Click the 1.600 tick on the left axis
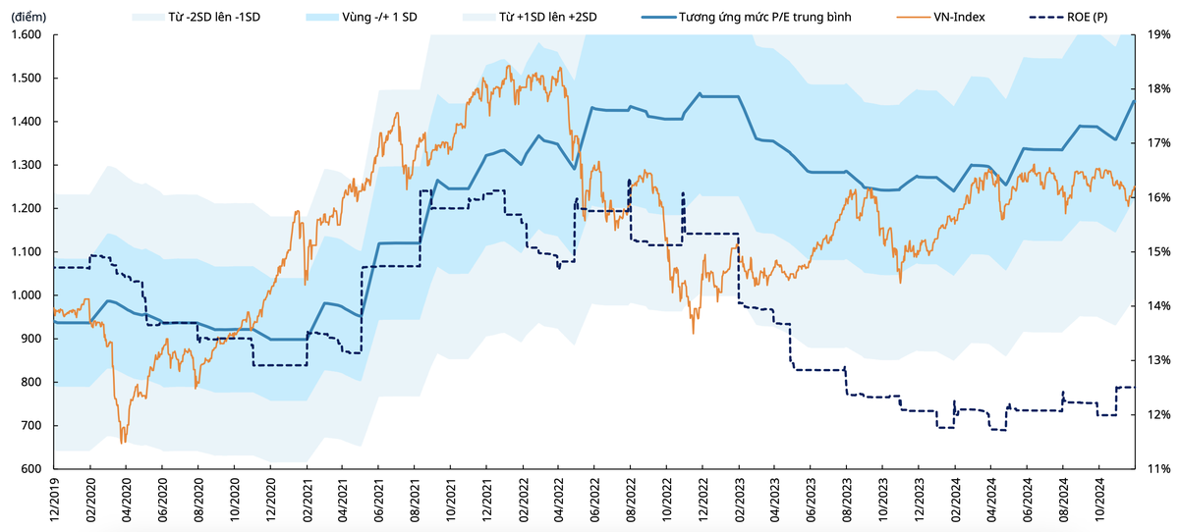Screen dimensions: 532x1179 tap(27, 34)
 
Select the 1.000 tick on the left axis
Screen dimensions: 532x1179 tap(27, 295)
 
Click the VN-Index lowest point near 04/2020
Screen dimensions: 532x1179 tap(123, 444)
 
